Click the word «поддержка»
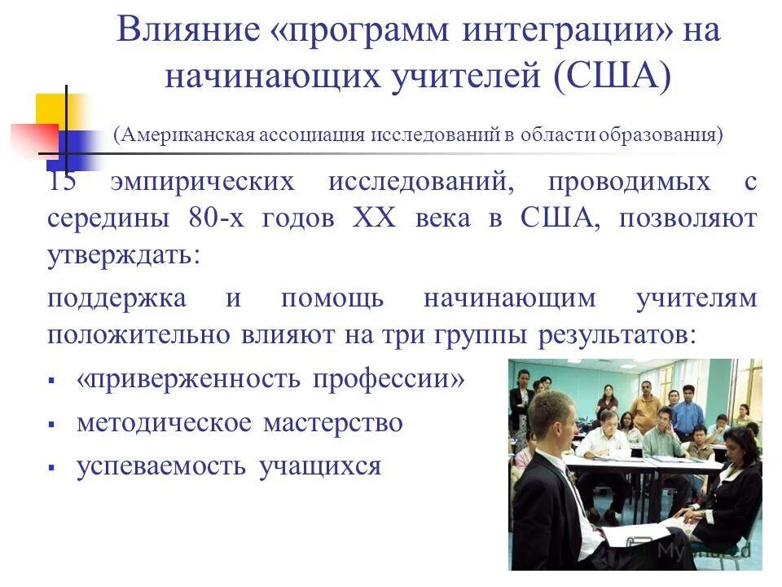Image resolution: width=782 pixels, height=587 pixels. point(116,299)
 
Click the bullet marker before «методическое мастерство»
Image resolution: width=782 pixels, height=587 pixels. point(51,425)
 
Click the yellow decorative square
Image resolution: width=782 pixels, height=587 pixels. point(51,108)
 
